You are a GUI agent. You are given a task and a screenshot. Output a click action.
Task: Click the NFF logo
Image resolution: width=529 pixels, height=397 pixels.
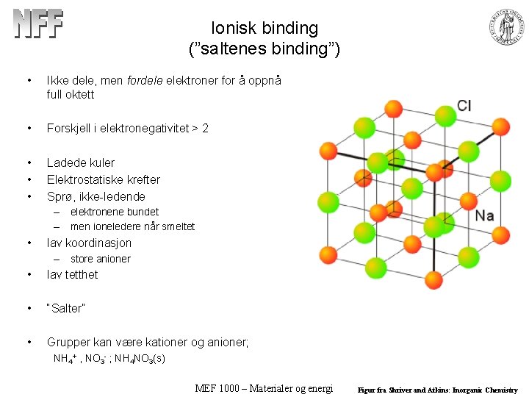pos(38,24)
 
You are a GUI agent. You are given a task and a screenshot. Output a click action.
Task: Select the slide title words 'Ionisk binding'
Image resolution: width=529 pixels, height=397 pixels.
pos(264,29)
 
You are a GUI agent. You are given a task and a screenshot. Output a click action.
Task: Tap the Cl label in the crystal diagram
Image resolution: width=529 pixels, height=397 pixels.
pos(464,106)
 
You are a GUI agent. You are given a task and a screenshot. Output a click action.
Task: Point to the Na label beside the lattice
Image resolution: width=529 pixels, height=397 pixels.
pos(484,215)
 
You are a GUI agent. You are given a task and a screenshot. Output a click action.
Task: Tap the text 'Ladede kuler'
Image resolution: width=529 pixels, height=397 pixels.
pos(81,162)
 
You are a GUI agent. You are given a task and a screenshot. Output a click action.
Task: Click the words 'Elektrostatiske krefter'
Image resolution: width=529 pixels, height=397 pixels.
pos(103,179)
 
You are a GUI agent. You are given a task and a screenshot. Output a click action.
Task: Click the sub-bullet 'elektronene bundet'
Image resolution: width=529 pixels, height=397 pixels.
pos(114,212)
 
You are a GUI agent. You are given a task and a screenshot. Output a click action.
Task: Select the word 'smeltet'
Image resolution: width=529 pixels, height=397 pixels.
pos(177,226)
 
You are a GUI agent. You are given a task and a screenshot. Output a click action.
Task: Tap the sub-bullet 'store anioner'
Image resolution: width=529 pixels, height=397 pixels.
pos(100,259)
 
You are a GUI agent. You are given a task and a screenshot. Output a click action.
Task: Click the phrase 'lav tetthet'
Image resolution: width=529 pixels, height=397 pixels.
pos(72,275)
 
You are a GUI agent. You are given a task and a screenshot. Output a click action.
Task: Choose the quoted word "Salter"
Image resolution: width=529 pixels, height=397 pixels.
pos(66,309)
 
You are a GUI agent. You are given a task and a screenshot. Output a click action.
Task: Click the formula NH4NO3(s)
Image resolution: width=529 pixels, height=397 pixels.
pos(139,359)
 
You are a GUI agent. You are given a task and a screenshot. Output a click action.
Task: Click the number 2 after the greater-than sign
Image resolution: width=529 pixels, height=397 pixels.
pos(205,128)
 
